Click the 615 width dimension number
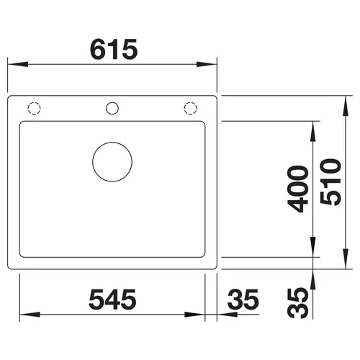coord(114,50)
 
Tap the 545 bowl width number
coord(112,300)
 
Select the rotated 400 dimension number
coord(298,189)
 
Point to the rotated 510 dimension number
coord(330,182)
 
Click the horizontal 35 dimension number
coord(243,300)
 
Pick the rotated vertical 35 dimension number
coord(298,303)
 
